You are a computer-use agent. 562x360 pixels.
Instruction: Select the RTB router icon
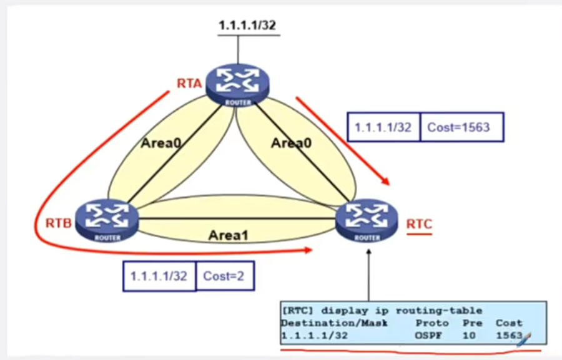point(106,220)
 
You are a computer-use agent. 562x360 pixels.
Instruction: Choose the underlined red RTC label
point(419,223)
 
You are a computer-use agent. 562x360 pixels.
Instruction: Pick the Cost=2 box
point(224,275)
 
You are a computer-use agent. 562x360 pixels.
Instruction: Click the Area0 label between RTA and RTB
point(160,143)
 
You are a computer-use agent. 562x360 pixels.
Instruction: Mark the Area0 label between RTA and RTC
point(291,143)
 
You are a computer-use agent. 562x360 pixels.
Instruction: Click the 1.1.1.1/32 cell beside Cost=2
point(159,275)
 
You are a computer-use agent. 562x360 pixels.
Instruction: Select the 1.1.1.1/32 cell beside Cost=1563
point(383,128)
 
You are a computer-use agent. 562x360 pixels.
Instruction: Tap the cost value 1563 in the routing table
point(508,335)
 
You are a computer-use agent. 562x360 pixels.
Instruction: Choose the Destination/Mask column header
point(334,323)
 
